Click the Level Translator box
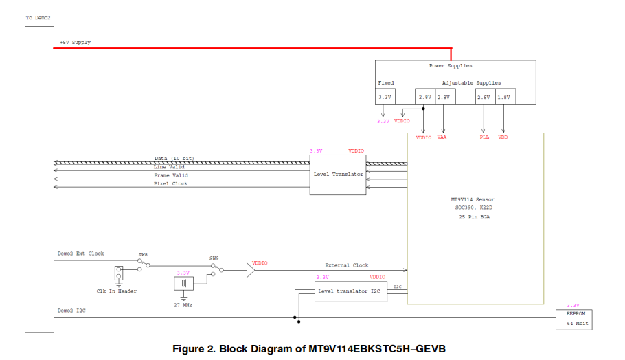[x=338, y=175]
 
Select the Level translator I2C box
[x=350, y=291]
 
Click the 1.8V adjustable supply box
[x=504, y=97]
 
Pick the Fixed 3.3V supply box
[x=385, y=97]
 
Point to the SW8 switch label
[x=143, y=255]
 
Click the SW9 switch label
[x=214, y=258]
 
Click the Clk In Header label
[x=117, y=291]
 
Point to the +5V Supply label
[x=75, y=43]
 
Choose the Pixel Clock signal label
[x=170, y=184]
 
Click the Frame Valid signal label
[x=170, y=175]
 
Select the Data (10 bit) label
[x=174, y=158]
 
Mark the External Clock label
[x=346, y=265]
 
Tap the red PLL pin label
[x=484, y=137]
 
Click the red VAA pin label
[x=442, y=137]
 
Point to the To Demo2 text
[x=38, y=17]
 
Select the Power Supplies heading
[x=451, y=66]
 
